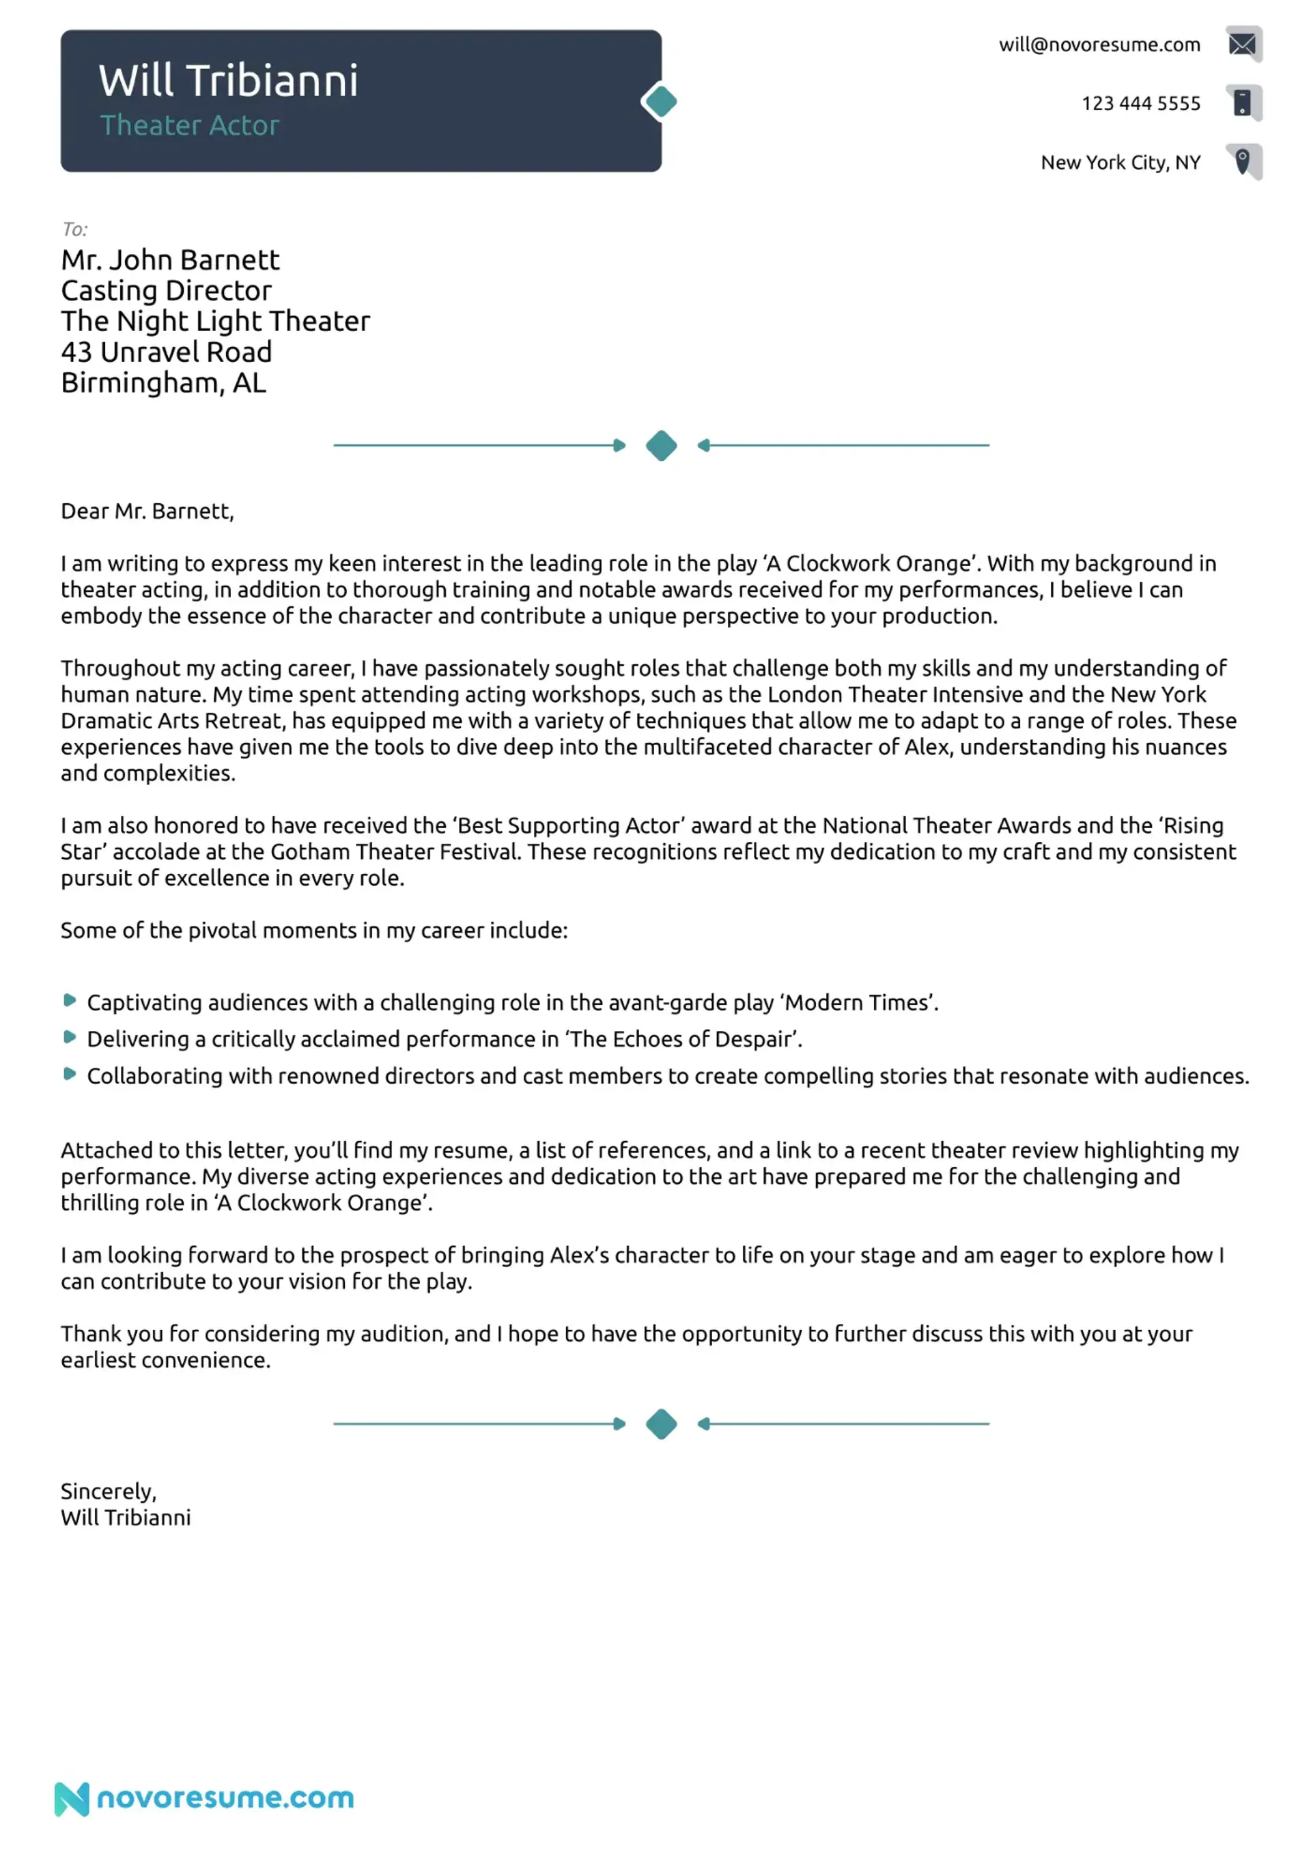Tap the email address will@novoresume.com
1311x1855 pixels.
1099,45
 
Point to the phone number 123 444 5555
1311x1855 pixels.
1140,103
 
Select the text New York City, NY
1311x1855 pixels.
1120,162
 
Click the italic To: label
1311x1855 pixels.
75,229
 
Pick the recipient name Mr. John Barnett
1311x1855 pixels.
170,260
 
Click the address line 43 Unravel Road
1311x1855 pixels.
167,352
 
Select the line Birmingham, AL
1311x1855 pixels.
163,383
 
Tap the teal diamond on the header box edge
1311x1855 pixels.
661,102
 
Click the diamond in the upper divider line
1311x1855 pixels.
661,446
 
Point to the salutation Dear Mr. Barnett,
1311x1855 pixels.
147,511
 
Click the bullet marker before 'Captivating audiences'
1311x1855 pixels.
70,1001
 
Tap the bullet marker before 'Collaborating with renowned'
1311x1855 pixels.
70,1075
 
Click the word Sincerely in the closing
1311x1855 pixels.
107,1491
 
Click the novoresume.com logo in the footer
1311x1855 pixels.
204,1798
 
